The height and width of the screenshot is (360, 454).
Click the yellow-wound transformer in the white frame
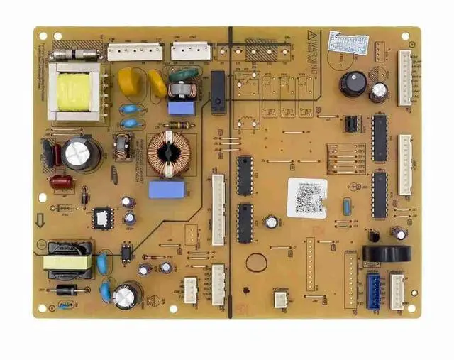73,92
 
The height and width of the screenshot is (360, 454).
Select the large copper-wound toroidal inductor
169,151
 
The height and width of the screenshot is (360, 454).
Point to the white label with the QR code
306,198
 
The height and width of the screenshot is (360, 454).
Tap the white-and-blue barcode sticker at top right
348,42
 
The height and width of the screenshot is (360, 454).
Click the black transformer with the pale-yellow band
68,260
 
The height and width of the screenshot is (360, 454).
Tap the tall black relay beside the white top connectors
218,92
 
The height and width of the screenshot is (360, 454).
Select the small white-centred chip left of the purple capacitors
104,217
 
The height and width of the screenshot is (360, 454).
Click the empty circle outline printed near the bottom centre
256,262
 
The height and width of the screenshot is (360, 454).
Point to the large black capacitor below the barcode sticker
353,84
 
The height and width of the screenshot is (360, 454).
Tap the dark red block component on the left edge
60,182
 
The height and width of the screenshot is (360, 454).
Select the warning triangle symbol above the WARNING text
310,35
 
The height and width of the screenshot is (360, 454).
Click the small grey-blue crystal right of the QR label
346,207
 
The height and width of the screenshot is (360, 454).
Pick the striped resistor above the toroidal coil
177,126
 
